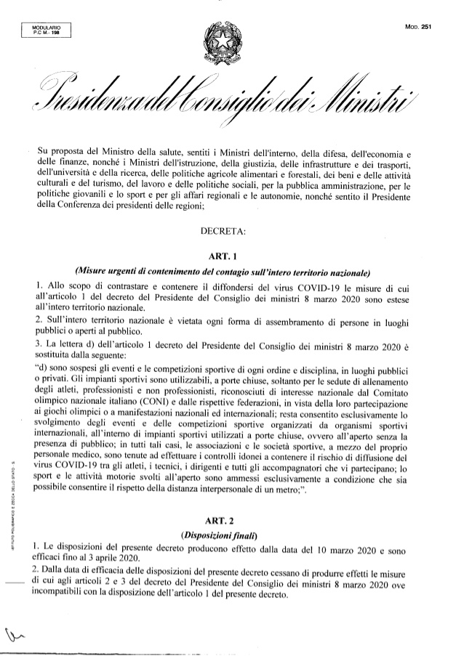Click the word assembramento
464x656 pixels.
click(x=281, y=321)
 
